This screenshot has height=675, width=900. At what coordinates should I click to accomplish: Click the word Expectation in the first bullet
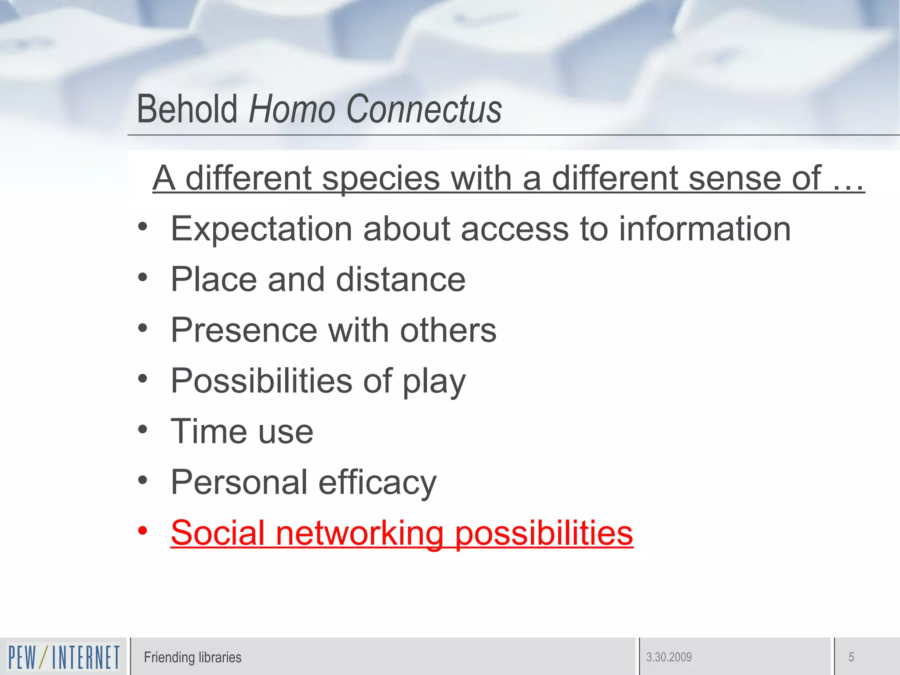tap(261, 229)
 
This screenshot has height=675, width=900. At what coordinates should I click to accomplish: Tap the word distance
tap(400, 279)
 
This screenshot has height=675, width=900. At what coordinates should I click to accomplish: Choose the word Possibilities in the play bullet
tap(261, 381)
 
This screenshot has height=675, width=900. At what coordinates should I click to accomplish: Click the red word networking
tap(359, 533)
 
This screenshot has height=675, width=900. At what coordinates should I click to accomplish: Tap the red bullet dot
tap(142, 530)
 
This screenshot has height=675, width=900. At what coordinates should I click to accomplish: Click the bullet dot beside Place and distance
tap(142, 277)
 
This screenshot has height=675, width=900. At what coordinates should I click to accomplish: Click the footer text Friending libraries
tap(192, 657)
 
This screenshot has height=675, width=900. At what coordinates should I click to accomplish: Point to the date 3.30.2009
tap(669, 657)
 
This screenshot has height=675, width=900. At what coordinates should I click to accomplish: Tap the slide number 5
tap(851, 657)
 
